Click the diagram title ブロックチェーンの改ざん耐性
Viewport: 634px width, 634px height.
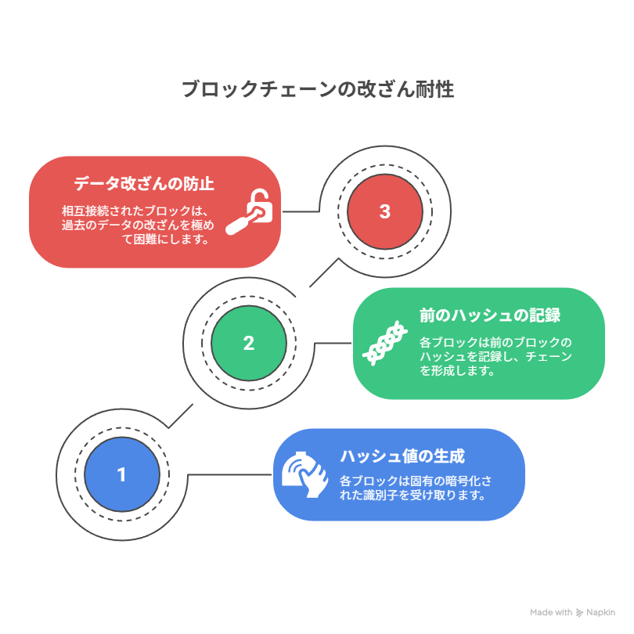pos(318,89)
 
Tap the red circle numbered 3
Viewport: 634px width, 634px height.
pos(385,211)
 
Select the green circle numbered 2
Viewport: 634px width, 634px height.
pos(249,344)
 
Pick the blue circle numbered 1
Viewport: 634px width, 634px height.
pos(122,474)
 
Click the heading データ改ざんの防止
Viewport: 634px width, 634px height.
pos(144,184)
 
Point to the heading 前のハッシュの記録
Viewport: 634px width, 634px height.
pos(490,315)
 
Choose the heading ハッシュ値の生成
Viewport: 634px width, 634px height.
pos(402,456)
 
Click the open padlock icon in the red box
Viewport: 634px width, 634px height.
pos(250,211)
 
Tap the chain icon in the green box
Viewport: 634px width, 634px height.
pos(384,344)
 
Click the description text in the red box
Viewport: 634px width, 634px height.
pos(138,225)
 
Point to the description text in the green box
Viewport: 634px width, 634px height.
pos(495,356)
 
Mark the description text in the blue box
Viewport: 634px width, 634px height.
pos(416,488)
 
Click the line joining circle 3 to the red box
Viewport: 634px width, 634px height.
pos(301,211)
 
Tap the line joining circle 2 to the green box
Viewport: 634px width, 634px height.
pos(333,344)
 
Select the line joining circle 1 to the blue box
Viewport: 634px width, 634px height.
pos(229,474)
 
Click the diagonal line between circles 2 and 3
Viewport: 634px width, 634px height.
pos(324,273)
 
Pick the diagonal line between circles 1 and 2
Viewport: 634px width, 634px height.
pos(181,416)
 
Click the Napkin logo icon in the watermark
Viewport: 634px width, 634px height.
pos(579,613)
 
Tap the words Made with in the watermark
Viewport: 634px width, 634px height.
pos(551,613)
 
